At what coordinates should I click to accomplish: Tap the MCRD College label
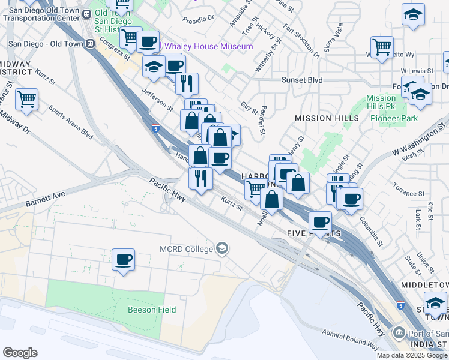pos(187,249)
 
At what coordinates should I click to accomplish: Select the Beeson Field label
pos(152,310)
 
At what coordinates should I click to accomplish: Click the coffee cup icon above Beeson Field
pos(124,259)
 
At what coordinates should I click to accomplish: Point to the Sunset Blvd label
pos(303,80)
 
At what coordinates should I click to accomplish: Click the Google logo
pos(20,353)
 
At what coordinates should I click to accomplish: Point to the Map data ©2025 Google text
pos(411,355)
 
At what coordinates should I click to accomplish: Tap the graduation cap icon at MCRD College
pos(222,248)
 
